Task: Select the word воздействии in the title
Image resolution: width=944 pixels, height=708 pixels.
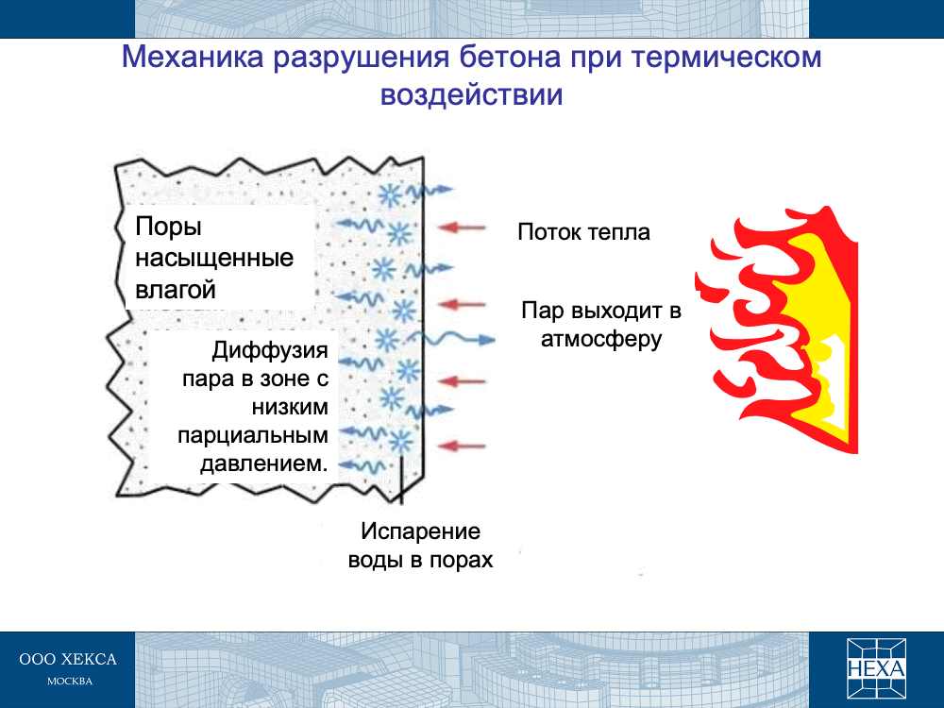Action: coord(471,94)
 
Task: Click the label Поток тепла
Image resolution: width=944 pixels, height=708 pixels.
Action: coord(583,232)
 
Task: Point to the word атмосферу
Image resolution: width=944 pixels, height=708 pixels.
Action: coord(600,339)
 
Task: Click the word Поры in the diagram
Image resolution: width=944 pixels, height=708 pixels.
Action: coord(168,228)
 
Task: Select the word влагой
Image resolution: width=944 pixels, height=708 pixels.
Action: coord(176,290)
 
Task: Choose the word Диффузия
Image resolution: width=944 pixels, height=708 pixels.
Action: coord(270,350)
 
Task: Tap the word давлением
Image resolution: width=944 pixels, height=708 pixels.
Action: coord(264,464)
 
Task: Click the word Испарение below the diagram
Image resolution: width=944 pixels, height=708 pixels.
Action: coord(420,531)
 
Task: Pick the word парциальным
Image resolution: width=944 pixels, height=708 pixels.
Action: coord(253,435)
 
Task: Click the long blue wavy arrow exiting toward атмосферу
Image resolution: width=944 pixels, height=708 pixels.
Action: coord(459,340)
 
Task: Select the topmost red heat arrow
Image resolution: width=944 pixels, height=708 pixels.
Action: coord(462,228)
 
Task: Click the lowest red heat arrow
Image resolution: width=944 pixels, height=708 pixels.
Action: coord(462,447)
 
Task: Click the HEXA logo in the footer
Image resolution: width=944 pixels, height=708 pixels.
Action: coord(876,668)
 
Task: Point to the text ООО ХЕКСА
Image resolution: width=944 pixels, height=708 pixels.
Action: coord(68,659)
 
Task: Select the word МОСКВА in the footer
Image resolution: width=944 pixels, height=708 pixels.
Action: coord(70,682)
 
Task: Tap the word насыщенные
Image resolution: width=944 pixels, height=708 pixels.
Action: coord(214,259)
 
